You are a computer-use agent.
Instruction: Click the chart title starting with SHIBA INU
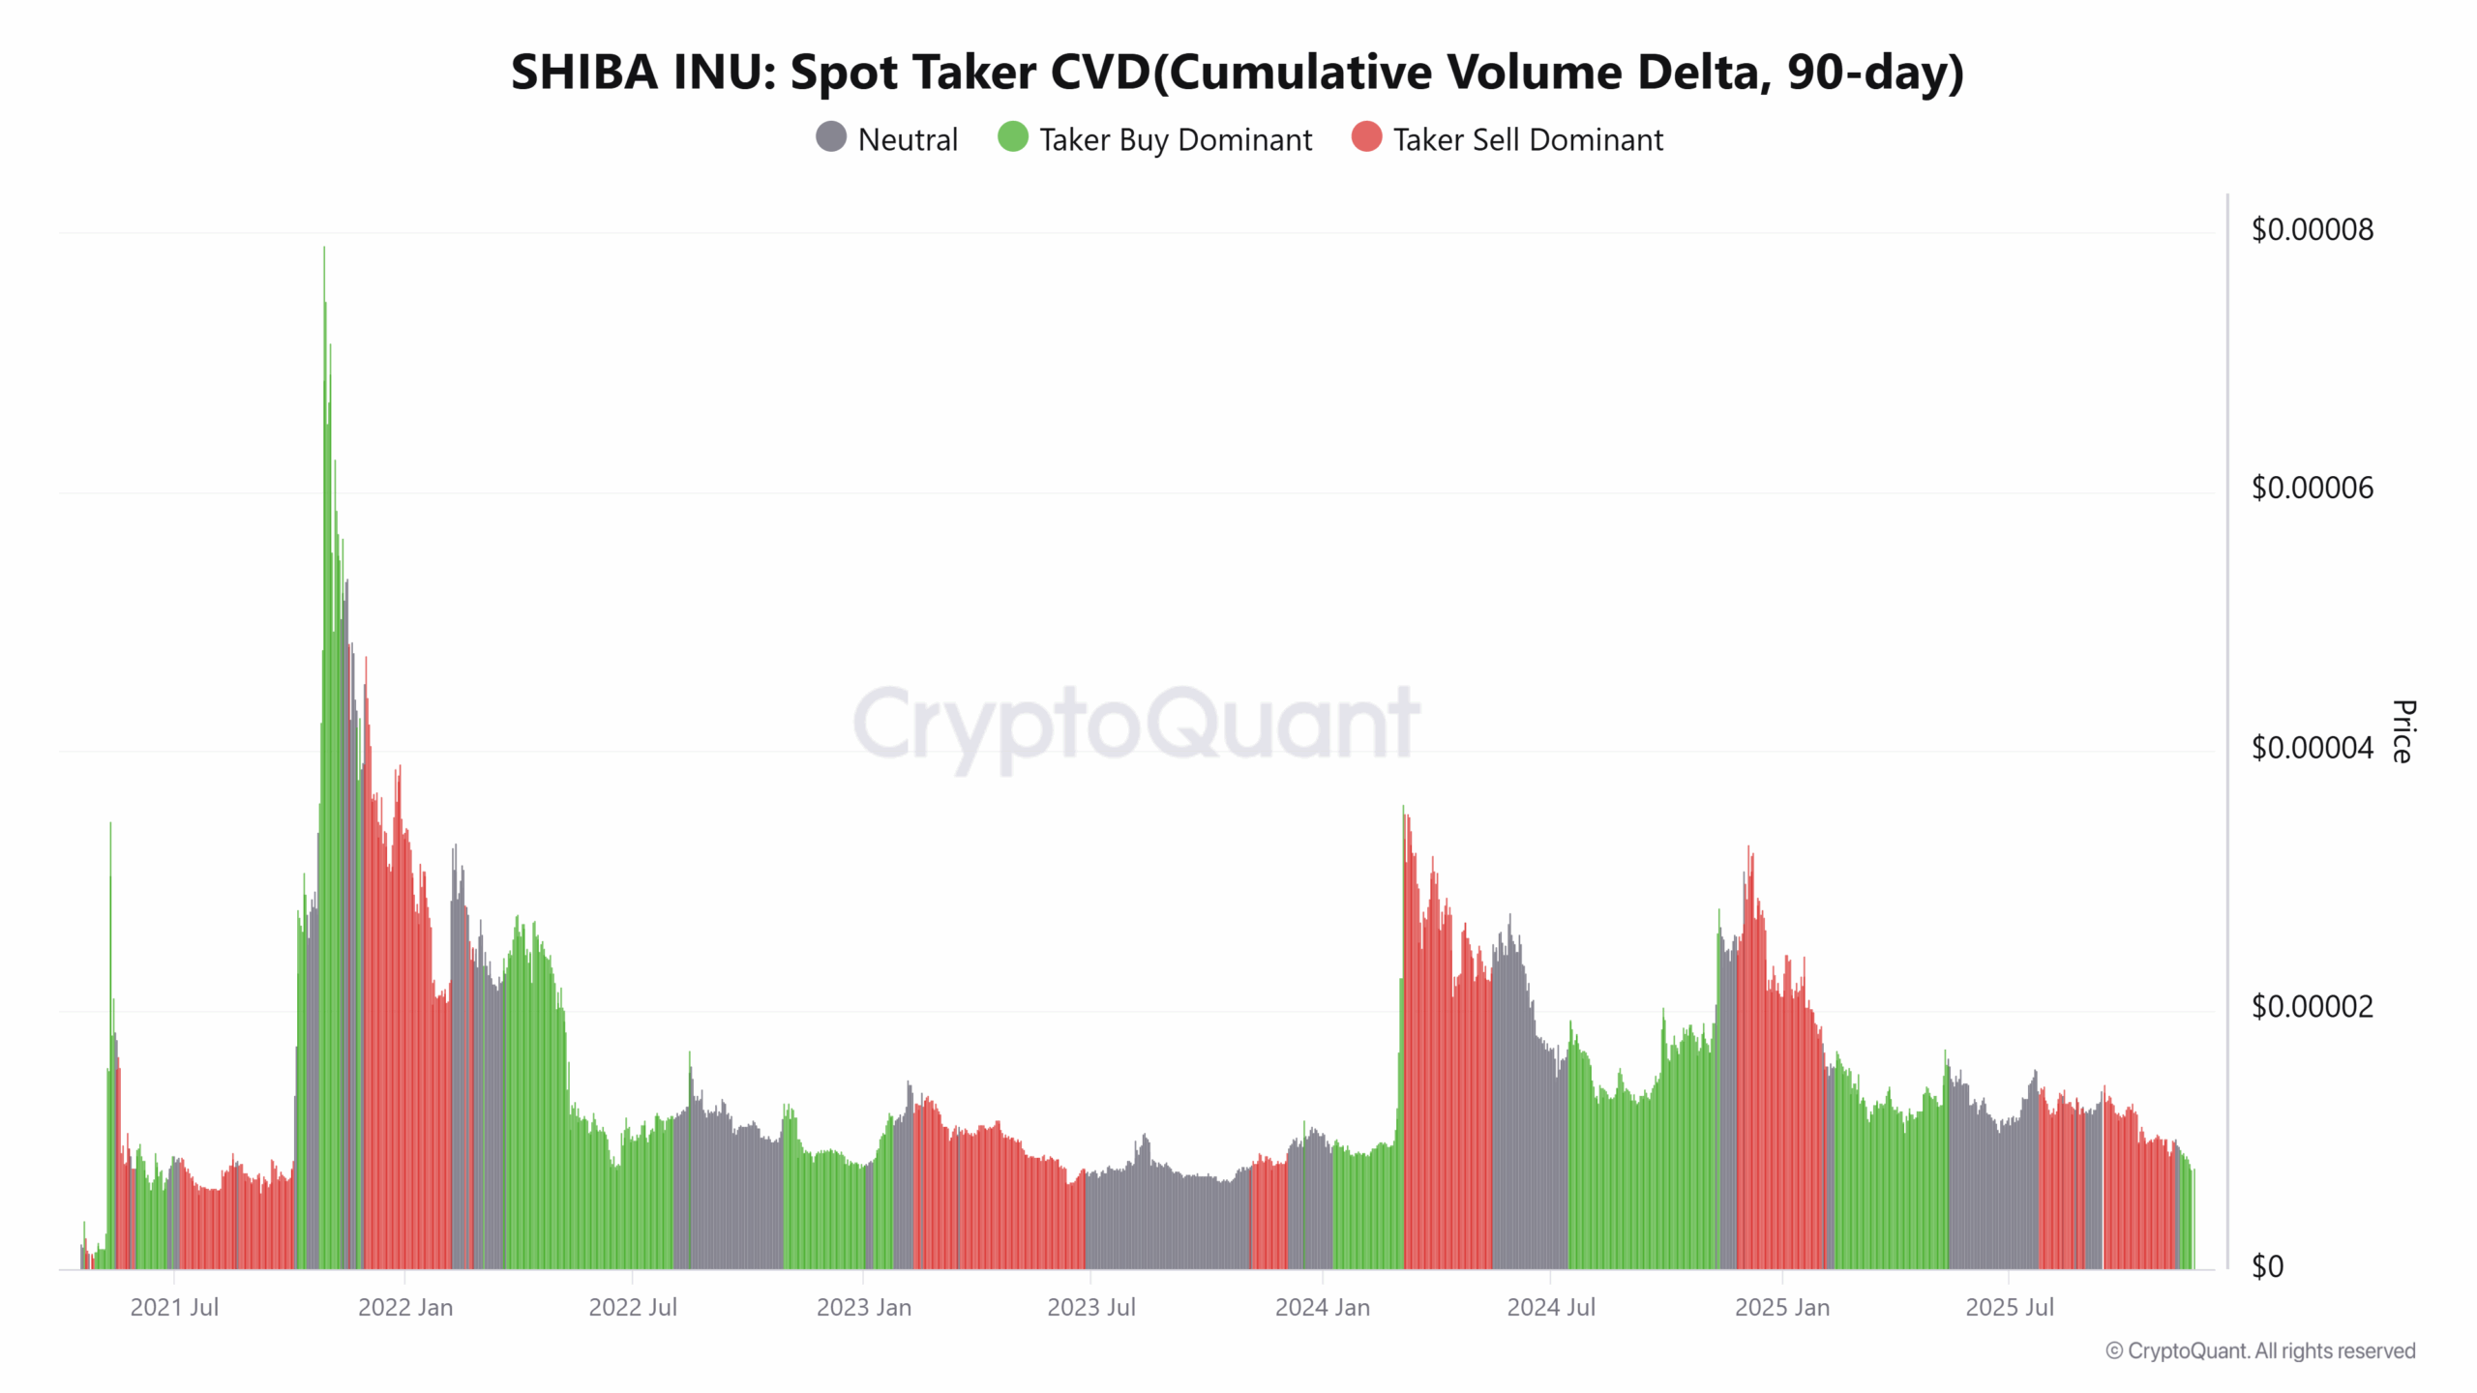1237,73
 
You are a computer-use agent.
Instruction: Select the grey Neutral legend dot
831,137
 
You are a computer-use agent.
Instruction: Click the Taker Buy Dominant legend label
1175,140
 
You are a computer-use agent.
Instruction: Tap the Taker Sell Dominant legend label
1527,140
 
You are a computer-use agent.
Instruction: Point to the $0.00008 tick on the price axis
2312,230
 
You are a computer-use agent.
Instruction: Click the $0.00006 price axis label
2312,489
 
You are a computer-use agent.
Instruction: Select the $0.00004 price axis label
2312,748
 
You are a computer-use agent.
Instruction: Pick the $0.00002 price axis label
2312,1007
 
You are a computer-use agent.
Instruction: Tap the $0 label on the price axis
2267,1267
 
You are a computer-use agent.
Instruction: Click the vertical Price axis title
2403,731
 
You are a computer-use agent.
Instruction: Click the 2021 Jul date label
174,1308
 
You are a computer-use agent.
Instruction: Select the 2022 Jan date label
404,1308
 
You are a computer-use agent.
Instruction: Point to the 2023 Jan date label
863,1308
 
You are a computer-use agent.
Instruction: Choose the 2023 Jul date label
1090,1308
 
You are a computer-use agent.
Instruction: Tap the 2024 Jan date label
1322,1308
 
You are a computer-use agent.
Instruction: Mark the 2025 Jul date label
2009,1308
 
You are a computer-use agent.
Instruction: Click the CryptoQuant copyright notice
2260,1351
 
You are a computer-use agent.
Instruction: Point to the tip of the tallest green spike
324,249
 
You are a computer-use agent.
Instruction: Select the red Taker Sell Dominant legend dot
1366,137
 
